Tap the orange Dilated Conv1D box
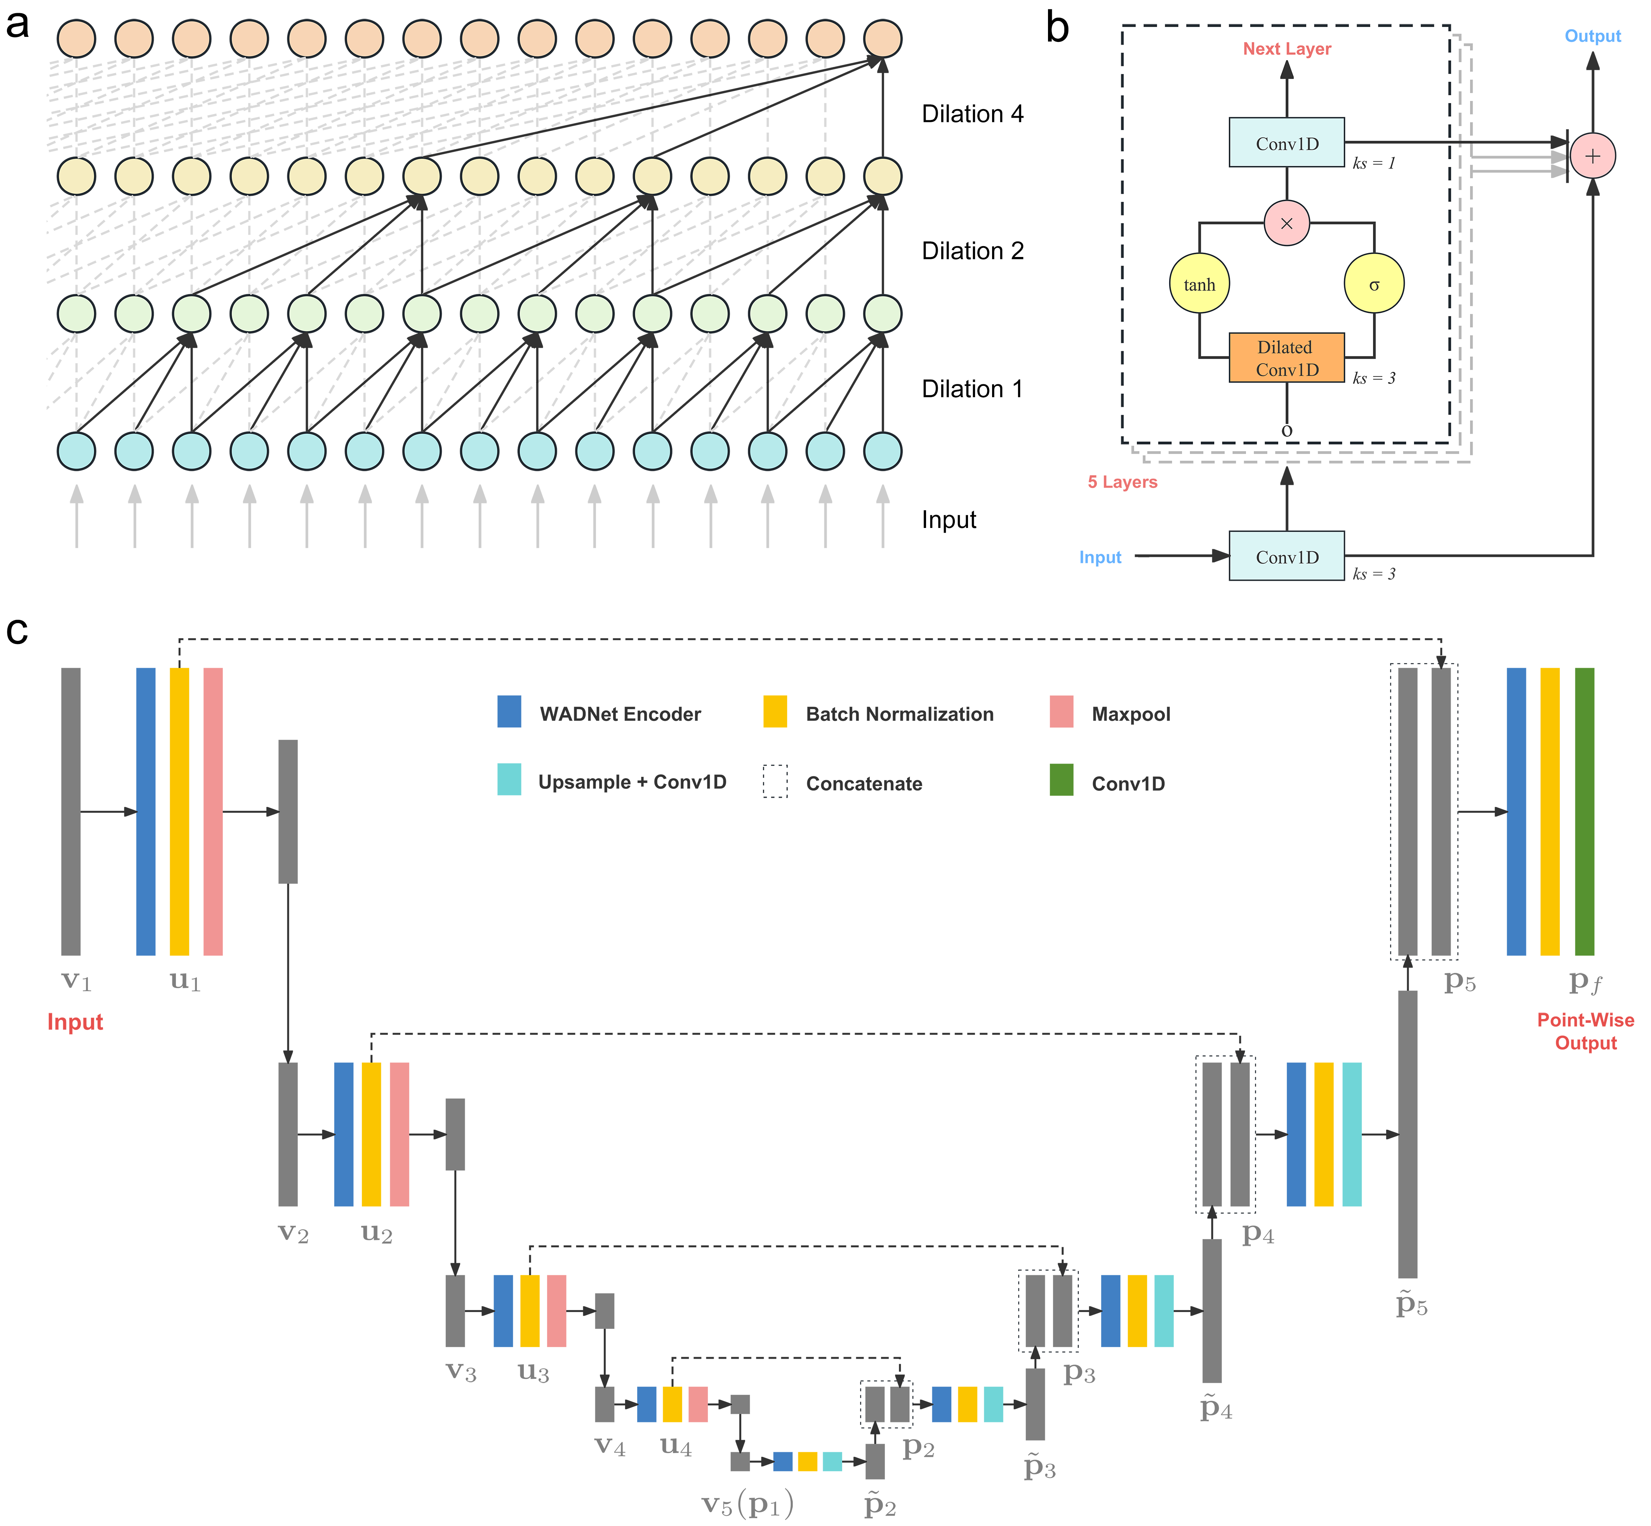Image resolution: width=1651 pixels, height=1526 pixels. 1286,358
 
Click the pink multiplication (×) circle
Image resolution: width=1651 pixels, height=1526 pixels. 1286,223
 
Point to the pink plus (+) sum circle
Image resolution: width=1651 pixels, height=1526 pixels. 1592,155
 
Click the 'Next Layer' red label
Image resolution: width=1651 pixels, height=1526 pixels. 1286,49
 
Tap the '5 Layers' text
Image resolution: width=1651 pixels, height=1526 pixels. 1122,482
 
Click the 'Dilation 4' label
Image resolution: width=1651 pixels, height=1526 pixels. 972,114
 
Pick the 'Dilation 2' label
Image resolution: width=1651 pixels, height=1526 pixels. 972,251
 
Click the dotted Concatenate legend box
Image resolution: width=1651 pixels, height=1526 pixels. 775,781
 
